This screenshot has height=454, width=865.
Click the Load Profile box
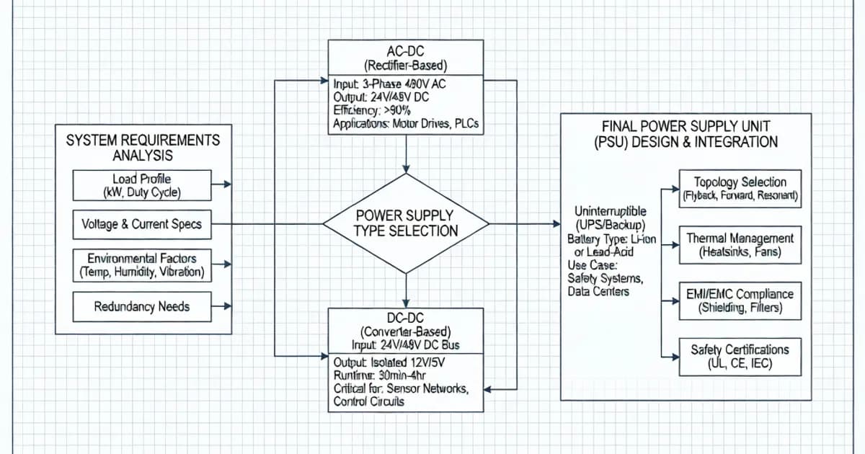(141, 185)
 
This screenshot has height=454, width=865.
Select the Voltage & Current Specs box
(141, 224)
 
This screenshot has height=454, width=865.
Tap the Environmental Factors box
(141, 265)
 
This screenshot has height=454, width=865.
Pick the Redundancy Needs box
(141, 306)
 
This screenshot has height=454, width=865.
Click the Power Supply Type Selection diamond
(407, 223)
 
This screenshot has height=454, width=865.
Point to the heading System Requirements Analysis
(143, 147)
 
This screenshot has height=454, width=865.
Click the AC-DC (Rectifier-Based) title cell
(406, 58)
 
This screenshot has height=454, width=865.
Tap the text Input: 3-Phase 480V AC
(390, 84)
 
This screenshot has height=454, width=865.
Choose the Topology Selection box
(740, 188)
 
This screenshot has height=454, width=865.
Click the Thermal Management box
(740, 245)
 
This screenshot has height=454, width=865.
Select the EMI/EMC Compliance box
(740, 301)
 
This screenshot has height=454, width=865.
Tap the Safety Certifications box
(740, 356)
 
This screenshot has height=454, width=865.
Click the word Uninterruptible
(610, 211)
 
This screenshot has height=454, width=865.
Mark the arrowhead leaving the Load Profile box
(228, 184)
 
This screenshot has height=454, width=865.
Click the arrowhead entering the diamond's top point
(407, 169)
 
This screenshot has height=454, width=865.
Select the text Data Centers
(598, 291)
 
